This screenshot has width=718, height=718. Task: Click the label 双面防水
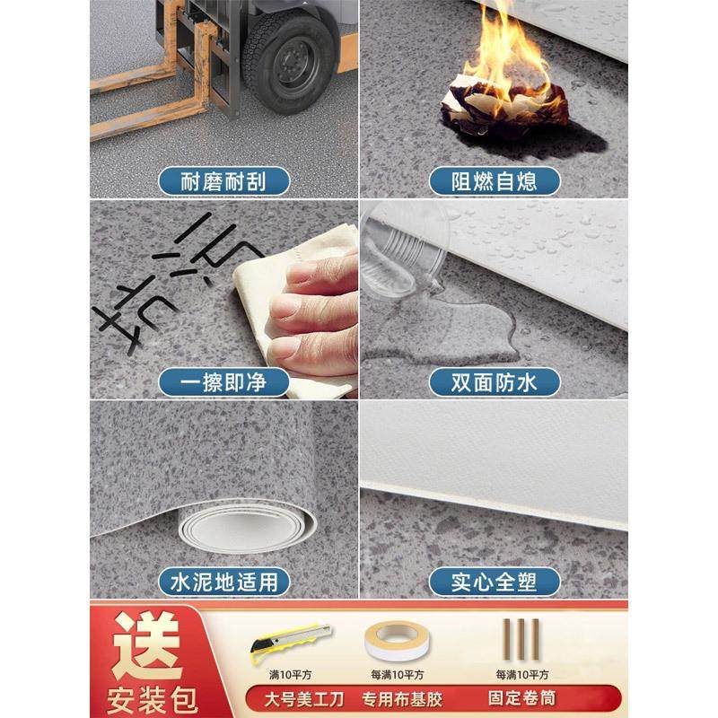(494, 382)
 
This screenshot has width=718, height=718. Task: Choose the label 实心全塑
(494, 581)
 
